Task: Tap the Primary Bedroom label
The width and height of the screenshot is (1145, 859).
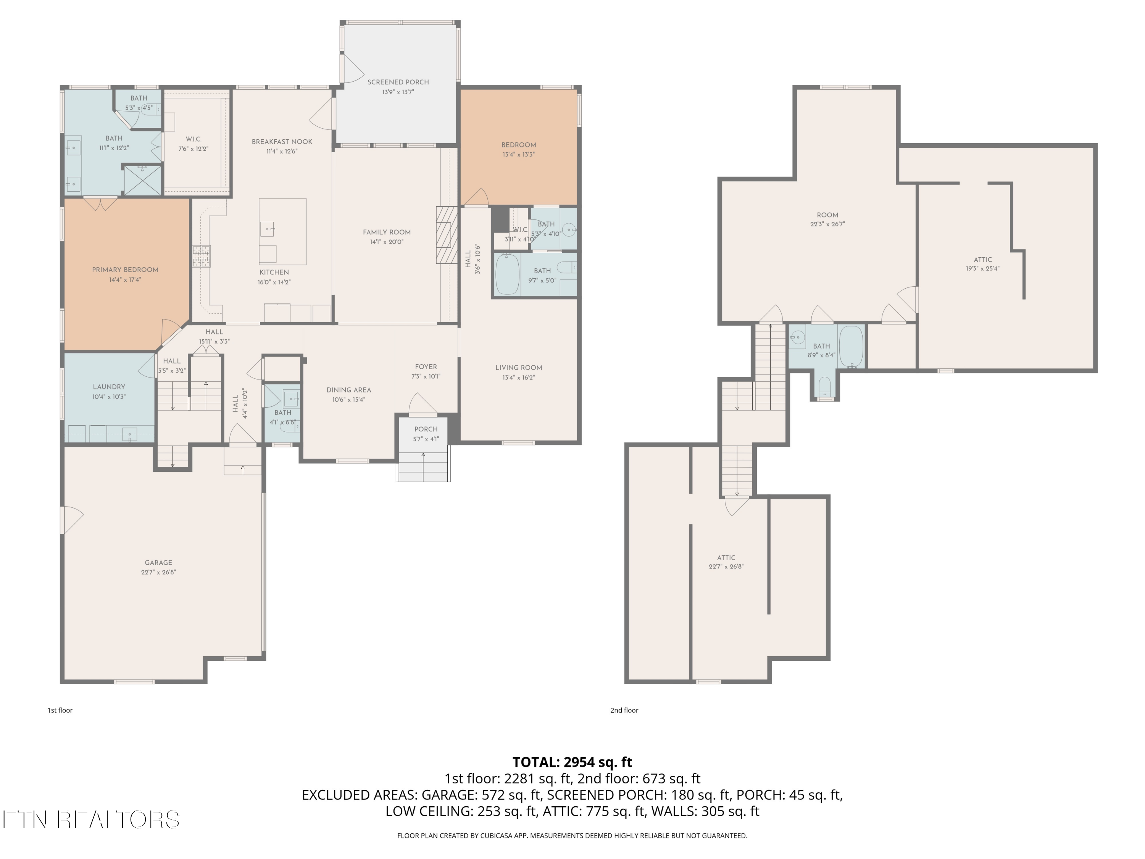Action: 125,270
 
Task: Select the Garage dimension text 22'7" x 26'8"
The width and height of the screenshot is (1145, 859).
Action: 158,572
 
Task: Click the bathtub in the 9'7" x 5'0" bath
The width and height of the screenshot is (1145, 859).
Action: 507,274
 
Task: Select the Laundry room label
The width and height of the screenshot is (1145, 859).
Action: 109,387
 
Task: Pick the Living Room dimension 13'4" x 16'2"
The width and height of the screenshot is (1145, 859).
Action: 518,378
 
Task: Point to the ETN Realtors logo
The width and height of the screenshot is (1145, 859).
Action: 91,820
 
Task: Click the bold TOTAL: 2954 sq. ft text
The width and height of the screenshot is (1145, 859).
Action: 572,762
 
